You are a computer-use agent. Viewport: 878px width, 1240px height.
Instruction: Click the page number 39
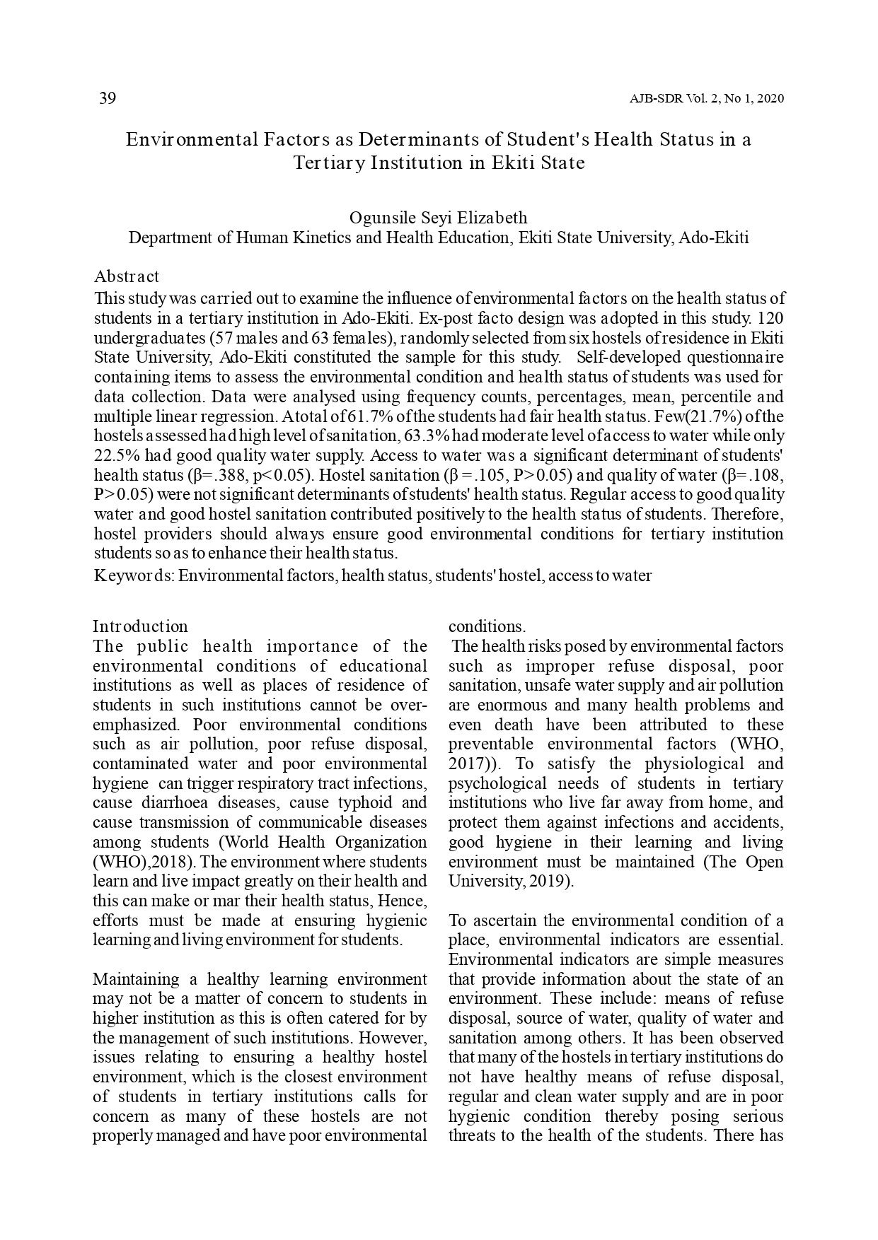click(x=107, y=98)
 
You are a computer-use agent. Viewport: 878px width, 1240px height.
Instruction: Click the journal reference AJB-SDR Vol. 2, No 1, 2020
click(x=706, y=99)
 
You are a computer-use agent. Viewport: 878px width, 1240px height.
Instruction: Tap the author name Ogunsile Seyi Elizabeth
click(x=438, y=218)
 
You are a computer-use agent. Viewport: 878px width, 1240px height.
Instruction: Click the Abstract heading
click(x=127, y=276)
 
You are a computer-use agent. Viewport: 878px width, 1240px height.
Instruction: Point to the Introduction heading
click(x=140, y=626)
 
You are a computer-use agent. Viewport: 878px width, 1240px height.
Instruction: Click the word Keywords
click(x=134, y=575)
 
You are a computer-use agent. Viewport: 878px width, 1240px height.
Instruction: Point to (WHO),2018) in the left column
click(x=145, y=862)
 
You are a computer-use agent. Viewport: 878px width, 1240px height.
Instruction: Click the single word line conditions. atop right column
click(x=487, y=626)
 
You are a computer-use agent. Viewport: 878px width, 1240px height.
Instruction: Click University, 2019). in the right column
click(x=512, y=882)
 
